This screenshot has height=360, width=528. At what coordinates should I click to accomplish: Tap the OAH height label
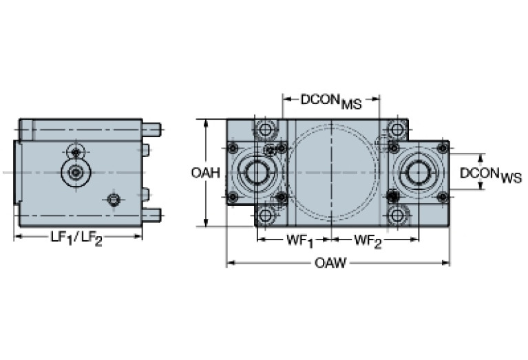pyautogui.click(x=205, y=173)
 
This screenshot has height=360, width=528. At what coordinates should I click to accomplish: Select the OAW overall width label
pyautogui.click(x=330, y=264)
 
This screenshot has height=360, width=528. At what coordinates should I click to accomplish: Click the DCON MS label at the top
pyautogui.click(x=330, y=100)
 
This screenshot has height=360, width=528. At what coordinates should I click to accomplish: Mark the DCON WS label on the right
pyautogui.click(x=490, y=173)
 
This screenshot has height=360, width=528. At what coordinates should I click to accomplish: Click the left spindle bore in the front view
pyautogui.click(x=257, y=172)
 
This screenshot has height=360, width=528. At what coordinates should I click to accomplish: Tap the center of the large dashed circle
pyautogui.click(x=332, y=172)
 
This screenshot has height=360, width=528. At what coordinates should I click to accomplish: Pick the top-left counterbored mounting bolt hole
pyautogui.click(x=265, y=129)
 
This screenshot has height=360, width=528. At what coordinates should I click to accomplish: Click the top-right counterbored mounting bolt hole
pyautogui.click(x=397, y=129)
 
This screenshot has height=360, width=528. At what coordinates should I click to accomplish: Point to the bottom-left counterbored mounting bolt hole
pyautogui.click(x=265, y=215)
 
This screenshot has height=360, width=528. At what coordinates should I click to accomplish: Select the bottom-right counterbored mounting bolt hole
pyautogui.click(x=397, y=215)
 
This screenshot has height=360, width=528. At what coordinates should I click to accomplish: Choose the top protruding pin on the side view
pyautogui.click(x=151, y=128)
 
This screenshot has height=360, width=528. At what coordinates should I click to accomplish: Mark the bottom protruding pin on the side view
pyautogui.click(x=151, y=215)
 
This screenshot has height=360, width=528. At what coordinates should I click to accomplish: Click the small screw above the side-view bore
pyautogui.click(x=74, y=151)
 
